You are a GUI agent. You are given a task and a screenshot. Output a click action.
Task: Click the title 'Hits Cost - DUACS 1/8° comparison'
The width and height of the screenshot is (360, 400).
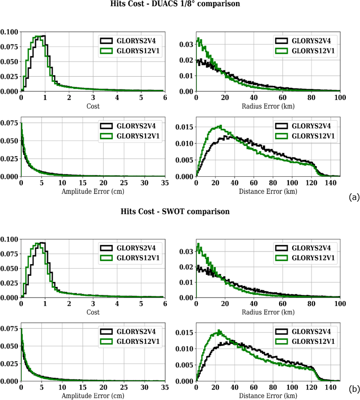pos(175,4)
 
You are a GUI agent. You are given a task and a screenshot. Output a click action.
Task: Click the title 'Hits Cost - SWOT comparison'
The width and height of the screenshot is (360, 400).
pos(175,212)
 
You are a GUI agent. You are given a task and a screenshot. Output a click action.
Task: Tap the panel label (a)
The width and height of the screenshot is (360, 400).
pos(354,197)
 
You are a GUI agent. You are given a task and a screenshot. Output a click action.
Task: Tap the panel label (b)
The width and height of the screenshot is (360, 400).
pos(354,389)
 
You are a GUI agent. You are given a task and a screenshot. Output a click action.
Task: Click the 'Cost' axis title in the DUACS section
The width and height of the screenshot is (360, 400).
pos(93,106)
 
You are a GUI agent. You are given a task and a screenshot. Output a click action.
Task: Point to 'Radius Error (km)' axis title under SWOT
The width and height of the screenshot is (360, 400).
pos(268,312)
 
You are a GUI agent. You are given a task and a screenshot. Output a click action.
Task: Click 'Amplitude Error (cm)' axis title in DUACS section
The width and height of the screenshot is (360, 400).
pos(93,191)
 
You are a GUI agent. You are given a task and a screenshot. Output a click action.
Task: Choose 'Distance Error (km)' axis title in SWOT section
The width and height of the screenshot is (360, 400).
pos(268,395)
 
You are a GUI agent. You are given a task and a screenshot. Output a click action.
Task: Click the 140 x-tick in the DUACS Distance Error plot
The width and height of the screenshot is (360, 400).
pos(330,183)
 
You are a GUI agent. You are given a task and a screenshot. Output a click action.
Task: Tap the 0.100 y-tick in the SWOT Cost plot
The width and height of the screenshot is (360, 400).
pos(9,239)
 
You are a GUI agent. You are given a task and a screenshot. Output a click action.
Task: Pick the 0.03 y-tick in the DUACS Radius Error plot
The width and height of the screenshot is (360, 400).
pos(186,44)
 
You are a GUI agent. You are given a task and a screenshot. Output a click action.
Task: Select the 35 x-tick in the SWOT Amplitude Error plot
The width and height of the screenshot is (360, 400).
pos(165,387)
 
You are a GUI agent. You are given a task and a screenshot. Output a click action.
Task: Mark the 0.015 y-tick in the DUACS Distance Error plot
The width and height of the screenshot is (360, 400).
pos(185,127)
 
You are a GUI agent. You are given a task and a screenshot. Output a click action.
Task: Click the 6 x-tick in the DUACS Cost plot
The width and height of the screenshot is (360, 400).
pos(165,97)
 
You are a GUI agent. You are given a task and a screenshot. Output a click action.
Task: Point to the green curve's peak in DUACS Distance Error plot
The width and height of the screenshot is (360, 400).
pos(220,126)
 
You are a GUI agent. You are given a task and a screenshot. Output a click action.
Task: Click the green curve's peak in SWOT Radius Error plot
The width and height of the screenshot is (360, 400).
pos(198,244)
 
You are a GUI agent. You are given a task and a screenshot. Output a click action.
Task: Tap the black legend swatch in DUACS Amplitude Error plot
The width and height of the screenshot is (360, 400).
pos(106,126)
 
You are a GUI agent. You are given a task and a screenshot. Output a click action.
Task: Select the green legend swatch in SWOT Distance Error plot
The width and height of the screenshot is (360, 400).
pos(281,341)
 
